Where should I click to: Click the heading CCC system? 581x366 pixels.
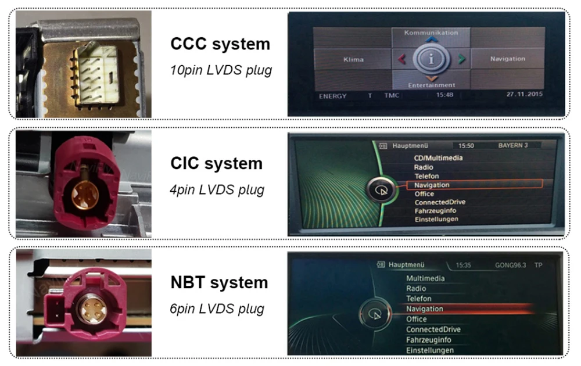[220, 44]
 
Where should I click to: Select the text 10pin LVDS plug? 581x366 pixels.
[221, 70]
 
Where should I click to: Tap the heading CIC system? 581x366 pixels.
[217, 164]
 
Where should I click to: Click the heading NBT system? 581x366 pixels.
[219, 283]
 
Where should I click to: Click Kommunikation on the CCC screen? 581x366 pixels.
[430, 33]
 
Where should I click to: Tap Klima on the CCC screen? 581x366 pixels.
[353, 59]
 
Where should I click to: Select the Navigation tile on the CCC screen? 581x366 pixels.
[507, 59]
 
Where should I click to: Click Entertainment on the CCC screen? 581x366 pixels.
[431, 85]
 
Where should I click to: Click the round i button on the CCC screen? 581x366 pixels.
[431, 59]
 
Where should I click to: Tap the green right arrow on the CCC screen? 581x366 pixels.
[461, 59]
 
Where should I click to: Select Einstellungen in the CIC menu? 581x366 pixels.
[436, 219]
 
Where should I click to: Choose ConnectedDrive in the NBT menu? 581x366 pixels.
[433, 329]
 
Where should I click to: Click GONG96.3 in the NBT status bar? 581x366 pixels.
[510, 265]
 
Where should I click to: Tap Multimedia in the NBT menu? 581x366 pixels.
[425, 278]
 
